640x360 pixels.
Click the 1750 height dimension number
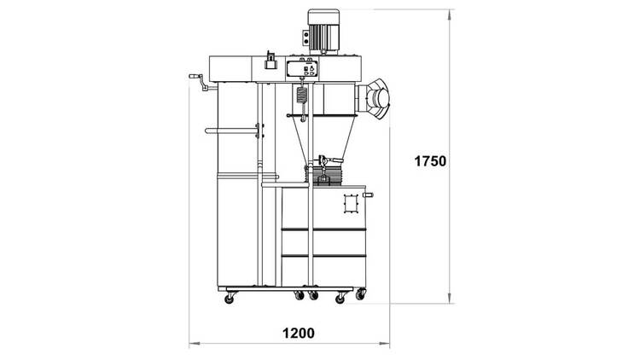click(x=430, y=161)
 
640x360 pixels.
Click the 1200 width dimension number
click(x=299, y=334)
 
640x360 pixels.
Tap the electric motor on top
click(x=323, y=32)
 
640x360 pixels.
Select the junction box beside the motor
click(x=305, y=38)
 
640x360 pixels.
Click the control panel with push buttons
click(x=302, y=68)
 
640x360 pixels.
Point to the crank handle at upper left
click(x=200, y=82)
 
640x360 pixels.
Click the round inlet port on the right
click(x=378, y=98)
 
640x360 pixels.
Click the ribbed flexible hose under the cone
click(x=325, y=174)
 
